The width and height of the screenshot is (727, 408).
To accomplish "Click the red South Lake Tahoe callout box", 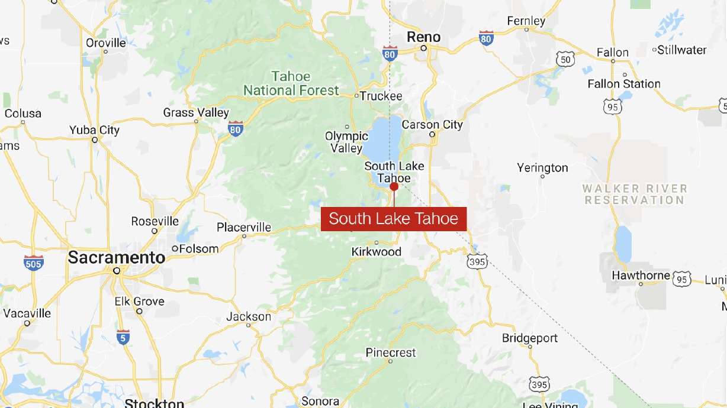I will pyautogui.click(x=394, y=219).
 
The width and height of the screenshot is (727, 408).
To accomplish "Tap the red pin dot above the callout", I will pyautogui.click(x=394, y=186).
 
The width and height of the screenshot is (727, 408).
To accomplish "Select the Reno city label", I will pyautogui.click(x=424, y=37).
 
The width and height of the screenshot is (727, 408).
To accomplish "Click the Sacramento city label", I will pyautogui.click(x=117, y=258).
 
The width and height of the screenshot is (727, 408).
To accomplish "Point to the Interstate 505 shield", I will pyautogui.click(x=33, y=263).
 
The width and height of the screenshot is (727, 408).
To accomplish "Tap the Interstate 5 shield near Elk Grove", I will pyautogui.click(x=123, y=337).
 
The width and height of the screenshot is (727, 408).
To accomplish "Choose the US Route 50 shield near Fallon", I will pyautogui.click(x=565, y=59).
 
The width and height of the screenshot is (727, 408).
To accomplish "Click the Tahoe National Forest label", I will pyautogui.click(x=291, y=83).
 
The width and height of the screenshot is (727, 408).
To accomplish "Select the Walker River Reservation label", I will pyautogui.click(x=635, y=194).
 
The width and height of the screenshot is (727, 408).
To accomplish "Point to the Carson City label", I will pyautogui.click(x=432, y=125).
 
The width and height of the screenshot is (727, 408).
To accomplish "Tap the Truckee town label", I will pyautogui.click(x=381, y=96).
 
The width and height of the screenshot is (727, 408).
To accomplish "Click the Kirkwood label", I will pyautogui.click(x=377, y=252).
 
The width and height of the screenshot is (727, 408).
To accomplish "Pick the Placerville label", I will pyautogui.click(x=244, y=228).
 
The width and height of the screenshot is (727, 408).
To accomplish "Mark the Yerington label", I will pyautogui.click(x=542, y=168).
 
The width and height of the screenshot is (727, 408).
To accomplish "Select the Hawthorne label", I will pyautogui.click(x=641, y=276).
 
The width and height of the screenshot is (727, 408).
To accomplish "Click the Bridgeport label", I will pyautogui.click(x=530, y=338).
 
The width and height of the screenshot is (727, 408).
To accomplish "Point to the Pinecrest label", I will pyautogui.click(x=391, y=352).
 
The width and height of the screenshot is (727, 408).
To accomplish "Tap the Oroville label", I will pyautogui.click(x=106, y=43).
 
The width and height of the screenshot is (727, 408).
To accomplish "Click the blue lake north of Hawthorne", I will pyautogui.click(x=623, y=243).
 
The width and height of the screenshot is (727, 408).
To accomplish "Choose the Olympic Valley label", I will pyautogui.click(x=346, y=142).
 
